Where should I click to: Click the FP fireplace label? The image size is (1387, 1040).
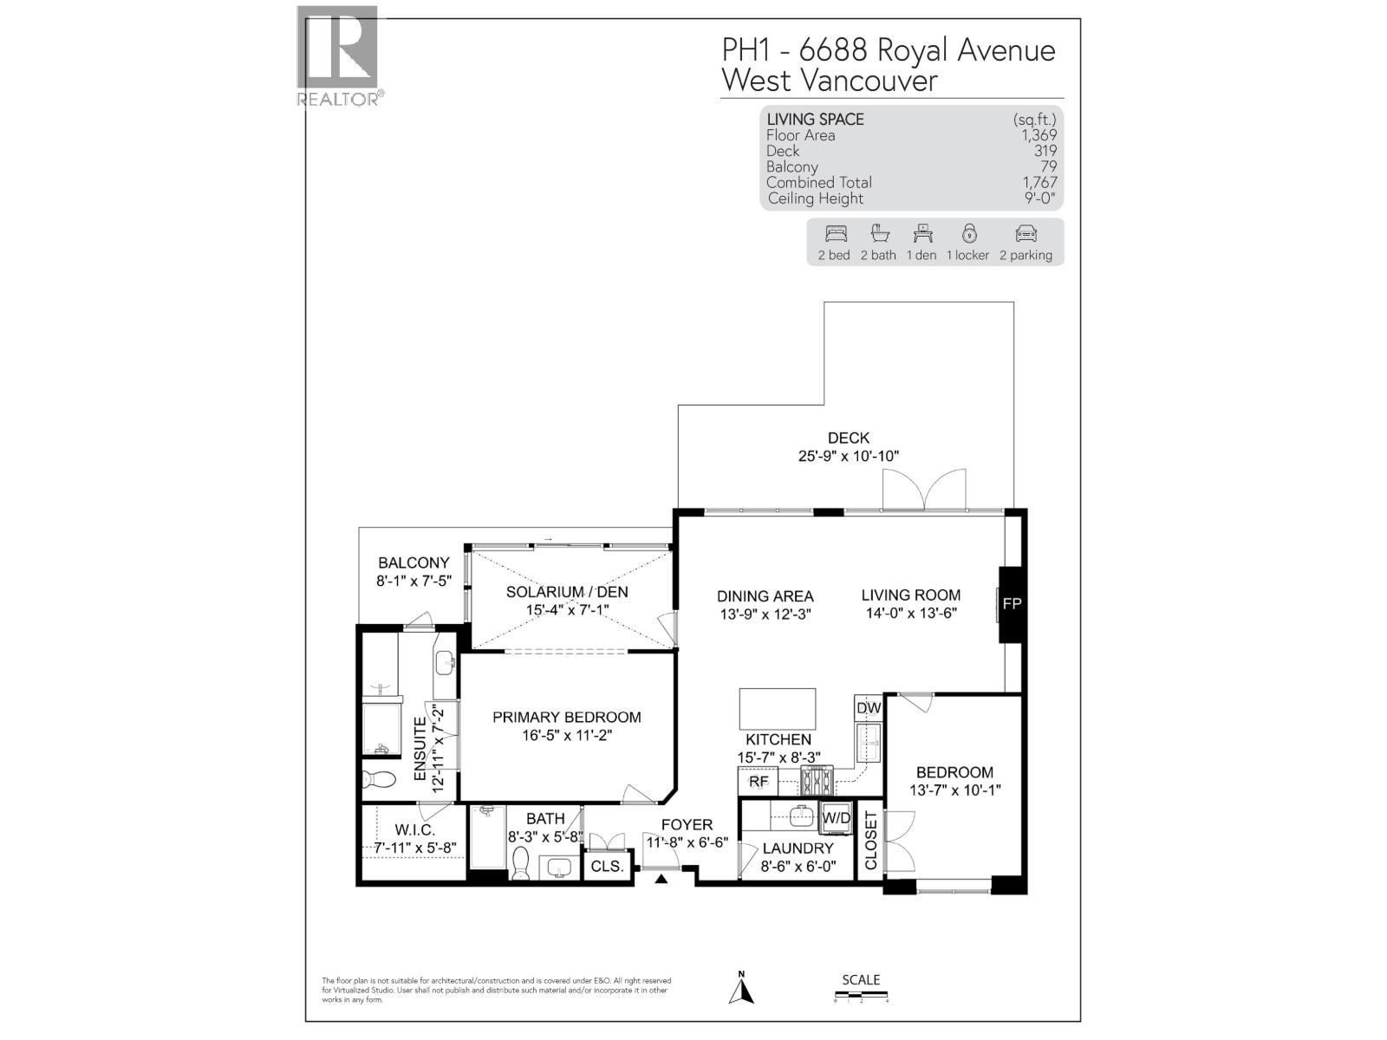1012,604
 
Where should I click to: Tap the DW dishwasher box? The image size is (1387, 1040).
869,708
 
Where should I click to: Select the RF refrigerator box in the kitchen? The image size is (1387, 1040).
759,782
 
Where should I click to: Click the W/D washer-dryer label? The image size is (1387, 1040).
837,817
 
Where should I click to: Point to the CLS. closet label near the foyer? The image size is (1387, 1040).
607,866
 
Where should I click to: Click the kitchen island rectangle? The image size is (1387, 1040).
777,709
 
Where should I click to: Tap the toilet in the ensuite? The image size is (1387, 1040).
378,778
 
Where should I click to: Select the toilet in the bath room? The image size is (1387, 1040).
521,863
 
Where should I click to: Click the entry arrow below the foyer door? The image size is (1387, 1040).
661,880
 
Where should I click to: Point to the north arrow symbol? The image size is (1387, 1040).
741,988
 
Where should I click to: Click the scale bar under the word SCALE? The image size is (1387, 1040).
862,999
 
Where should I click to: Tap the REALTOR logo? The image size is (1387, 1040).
338,55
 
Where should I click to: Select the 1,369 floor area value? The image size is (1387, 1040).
1039,135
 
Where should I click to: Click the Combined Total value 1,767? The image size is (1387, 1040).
1039,182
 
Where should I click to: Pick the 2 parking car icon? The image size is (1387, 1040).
1026,233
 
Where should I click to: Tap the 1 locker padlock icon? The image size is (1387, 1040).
968,233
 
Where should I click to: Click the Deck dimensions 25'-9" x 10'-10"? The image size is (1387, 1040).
848,456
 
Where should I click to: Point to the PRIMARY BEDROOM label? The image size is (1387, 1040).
566,717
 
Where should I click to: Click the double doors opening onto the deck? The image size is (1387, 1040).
924,490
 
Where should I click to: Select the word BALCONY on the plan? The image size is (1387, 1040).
413,562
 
